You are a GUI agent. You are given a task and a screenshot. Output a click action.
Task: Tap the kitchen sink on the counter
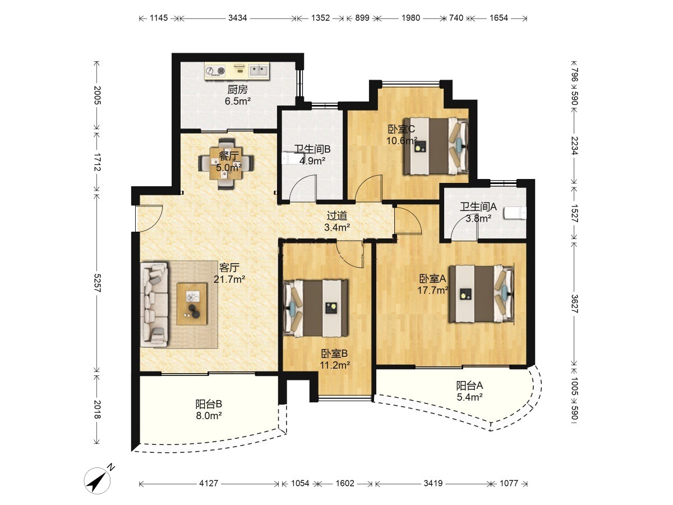tap(258, 71)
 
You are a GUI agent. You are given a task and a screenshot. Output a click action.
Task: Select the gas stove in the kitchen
tap(215, 71)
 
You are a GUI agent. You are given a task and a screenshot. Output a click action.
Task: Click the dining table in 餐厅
tap(226, 164)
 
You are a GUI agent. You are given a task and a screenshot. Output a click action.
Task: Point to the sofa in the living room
tap(154, 305)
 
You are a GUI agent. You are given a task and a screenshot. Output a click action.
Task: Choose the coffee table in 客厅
tap(192, 304)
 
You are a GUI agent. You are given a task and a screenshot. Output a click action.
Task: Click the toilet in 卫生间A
tap(515, 213)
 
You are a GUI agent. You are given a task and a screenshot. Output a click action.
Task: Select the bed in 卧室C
tap(436, 146)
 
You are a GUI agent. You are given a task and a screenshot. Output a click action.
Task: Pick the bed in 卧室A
tap(481, 293)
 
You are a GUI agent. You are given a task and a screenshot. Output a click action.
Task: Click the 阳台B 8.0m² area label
tap(209, 410)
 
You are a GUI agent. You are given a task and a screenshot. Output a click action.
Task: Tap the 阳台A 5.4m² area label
tap(470, 391)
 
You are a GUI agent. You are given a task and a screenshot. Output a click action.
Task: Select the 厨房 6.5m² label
tap(238, 95)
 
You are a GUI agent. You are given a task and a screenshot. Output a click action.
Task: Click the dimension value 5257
tap(97, 283)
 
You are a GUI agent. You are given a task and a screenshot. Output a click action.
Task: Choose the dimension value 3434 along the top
tap(237, 18)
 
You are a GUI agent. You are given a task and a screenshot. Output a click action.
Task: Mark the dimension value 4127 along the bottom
tap(209, 483)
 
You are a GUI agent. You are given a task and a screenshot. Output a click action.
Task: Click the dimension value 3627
tap(574, 304)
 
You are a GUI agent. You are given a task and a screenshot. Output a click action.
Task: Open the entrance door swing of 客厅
tap(149, 218)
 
